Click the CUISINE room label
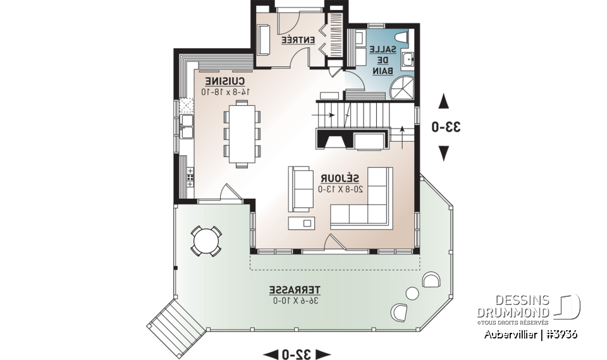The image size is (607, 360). [x=225, y=82]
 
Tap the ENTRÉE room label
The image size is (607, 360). [x=298, y=40]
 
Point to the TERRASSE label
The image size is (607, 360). [x=295, y=290]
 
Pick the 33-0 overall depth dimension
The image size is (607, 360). [x=446, y=127]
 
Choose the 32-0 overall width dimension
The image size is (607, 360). [x=297, y=353]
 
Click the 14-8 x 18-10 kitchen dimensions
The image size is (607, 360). [x=225, y=92]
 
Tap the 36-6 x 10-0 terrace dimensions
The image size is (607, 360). [x=295, y=300]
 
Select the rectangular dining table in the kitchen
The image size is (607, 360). [x=242, y=133]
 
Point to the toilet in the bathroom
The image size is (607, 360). [x=405, y=38]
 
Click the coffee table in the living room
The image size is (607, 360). [x=301, y=223]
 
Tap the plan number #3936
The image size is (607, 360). [x=563, y=333]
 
